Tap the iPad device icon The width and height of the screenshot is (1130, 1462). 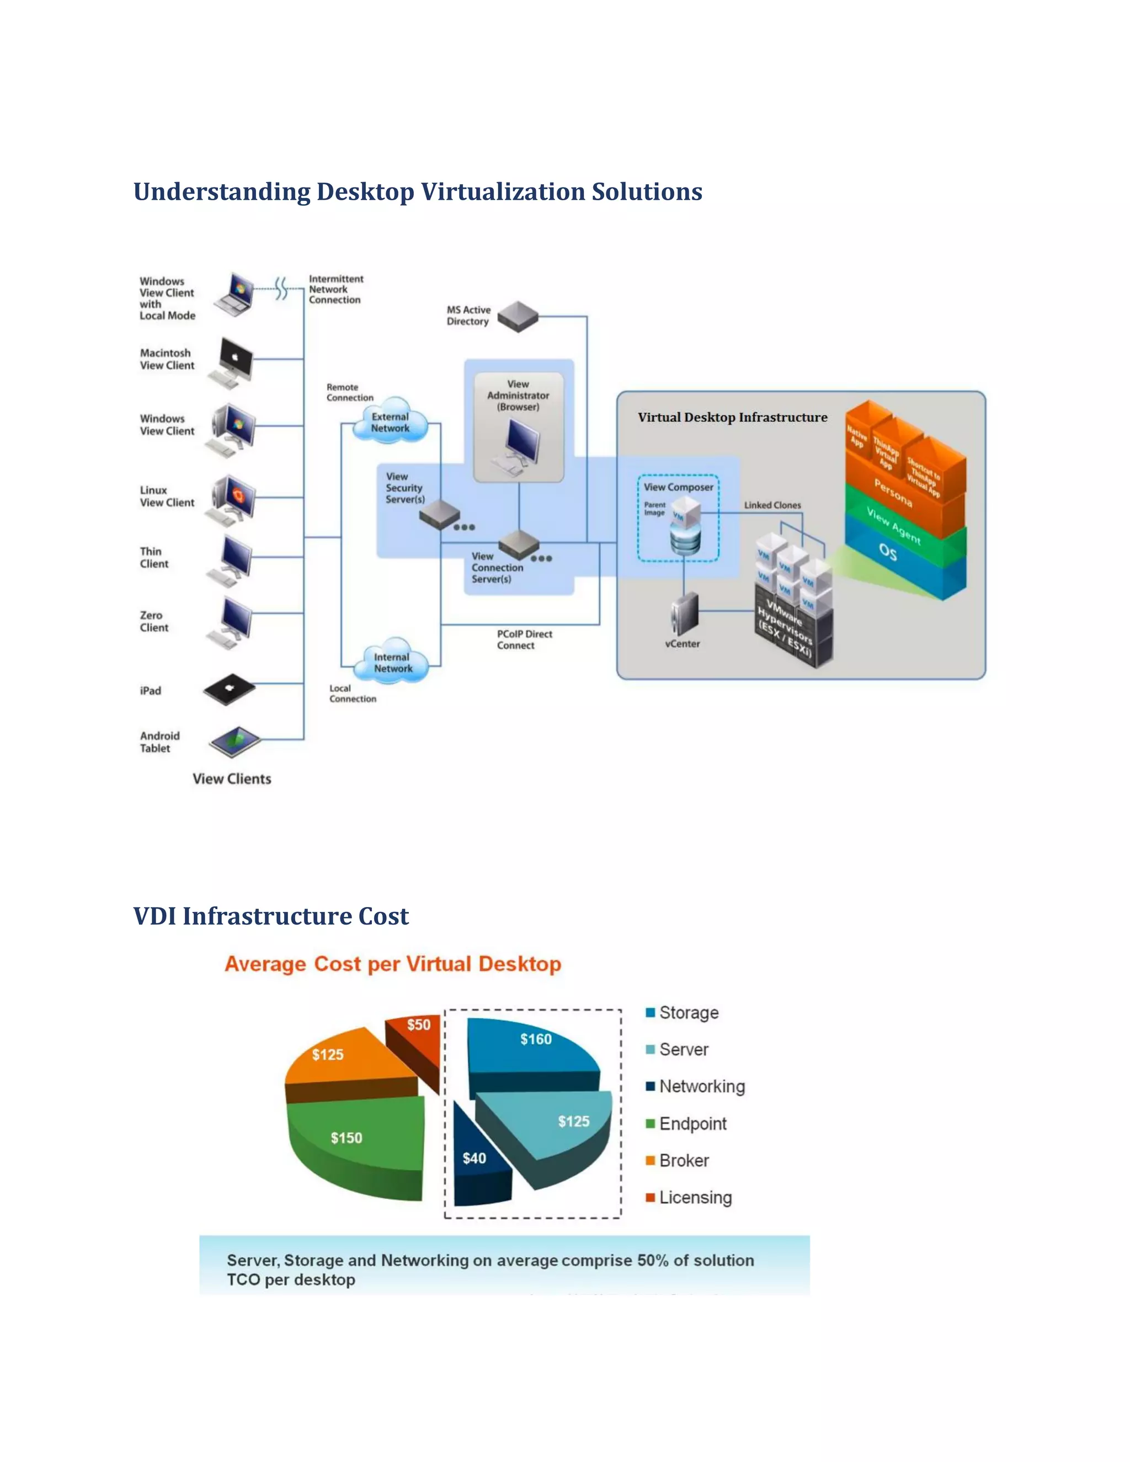click(x=230, y=689)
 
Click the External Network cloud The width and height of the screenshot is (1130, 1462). click(x=390, y=421)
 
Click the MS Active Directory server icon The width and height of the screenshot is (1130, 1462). click(x=518, y=316)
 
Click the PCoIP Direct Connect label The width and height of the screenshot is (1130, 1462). click(x=524, y=639)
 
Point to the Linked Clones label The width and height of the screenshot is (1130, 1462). click(x=772, y=505)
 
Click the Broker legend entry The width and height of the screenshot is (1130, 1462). click(x=683, y=1160)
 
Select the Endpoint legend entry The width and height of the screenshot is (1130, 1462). click(x=691, y=1123)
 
